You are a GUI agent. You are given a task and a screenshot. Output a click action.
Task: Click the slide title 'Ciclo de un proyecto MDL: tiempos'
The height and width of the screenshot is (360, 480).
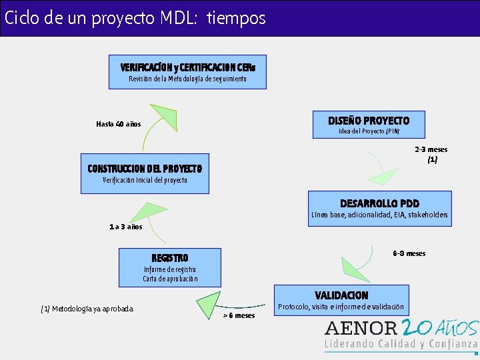pyautogui.click(x=135, y=18)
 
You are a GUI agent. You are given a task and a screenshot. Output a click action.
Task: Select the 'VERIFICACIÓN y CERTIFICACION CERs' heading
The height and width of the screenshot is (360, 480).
pyautogui.click(x=187, y=67)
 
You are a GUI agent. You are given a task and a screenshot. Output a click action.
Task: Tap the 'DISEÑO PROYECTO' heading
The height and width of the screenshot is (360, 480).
pyautogui.click(x=369, y=121)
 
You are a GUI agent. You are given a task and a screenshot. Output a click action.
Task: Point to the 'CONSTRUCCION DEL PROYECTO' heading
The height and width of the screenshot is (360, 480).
pyautogui.click(x=145, y=168)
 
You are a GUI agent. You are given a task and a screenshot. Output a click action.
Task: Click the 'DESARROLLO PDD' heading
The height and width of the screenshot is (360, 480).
pyautogui.click(x=379, y=203)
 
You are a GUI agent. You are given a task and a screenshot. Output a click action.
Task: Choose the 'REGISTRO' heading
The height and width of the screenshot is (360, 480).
pyautogui.click(x=170, y=257)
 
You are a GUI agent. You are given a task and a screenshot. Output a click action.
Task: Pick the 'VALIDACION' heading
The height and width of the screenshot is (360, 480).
pyautogui.click(x=341, y=295)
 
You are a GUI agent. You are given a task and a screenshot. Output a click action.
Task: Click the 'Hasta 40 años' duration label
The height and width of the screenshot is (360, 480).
pyautogui.click(x=118, y=124)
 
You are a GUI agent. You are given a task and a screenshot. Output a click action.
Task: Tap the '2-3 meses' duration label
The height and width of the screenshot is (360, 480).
pyautogui.click(x=431, y=149)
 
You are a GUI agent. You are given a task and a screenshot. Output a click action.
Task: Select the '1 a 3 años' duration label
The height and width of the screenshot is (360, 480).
pyautogui.click(x=126, y=227)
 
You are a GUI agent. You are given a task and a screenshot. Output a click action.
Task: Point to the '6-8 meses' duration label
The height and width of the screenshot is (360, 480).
pyautogui.click(x=409, y=253)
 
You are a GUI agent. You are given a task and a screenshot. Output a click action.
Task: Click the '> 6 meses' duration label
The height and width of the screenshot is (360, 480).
pyautogui.click(x=239, y=315)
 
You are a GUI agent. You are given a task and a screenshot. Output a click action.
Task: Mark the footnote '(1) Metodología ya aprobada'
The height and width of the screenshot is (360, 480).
pyautogui.click(x=87, y=309)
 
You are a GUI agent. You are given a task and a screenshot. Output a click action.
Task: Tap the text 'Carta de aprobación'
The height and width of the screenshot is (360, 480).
pyautogui.click(x=170, y=279)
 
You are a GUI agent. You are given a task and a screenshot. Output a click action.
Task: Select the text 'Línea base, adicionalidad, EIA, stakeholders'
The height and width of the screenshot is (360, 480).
pyautogui.click(x=379, y=215)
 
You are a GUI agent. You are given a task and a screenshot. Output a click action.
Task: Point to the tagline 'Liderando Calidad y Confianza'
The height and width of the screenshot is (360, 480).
pyautogui.click(x=401, y=344)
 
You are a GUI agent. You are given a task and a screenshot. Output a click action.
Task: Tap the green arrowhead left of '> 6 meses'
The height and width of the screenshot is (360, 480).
pyautogui.click(x=209, y=303)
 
